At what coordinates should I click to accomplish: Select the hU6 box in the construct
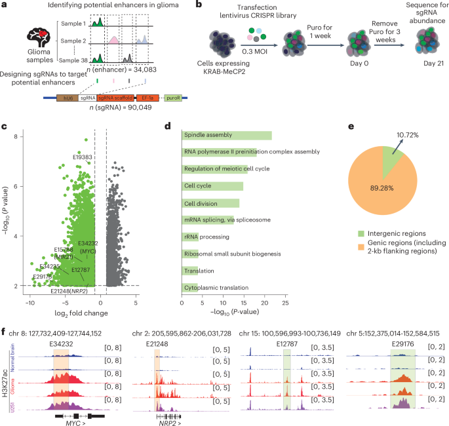click(x=67, y=97)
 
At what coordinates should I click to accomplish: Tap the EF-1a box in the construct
click(x=146, y=97)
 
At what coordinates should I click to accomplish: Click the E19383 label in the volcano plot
click(x=83, y=158)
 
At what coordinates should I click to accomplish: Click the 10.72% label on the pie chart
click(x=411, y=134)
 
